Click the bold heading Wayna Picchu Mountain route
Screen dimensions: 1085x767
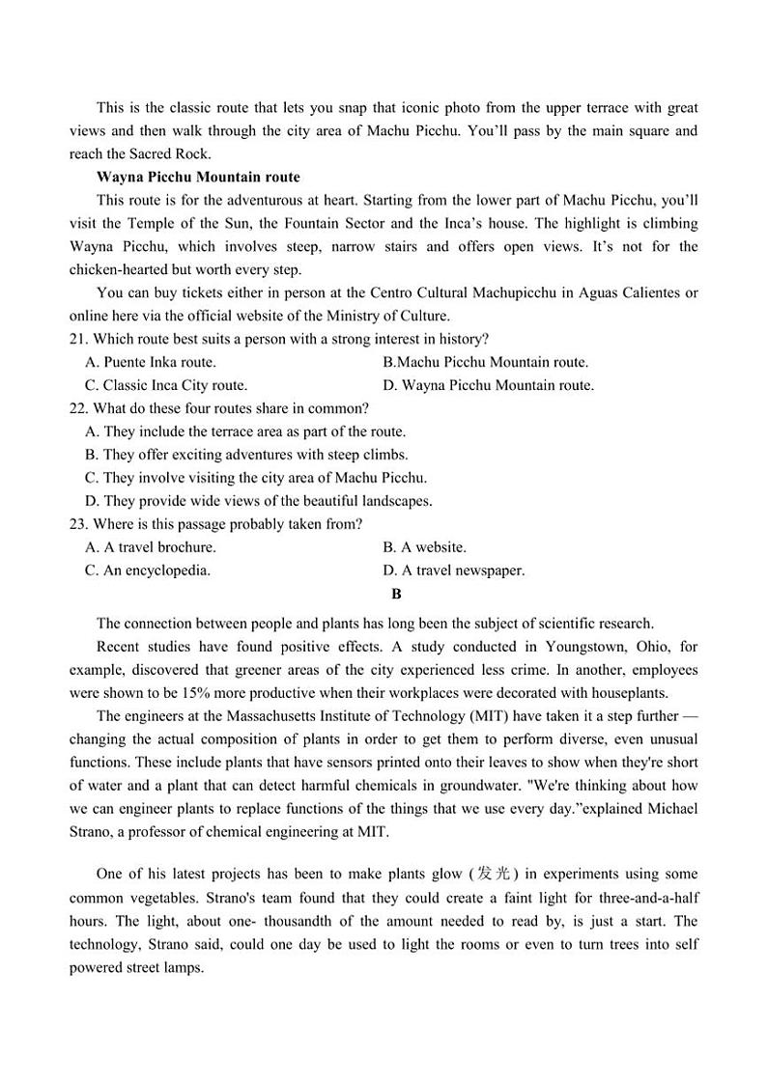(198, 177)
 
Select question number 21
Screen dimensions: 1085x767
(78, 339)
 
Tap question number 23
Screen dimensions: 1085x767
(78, 524)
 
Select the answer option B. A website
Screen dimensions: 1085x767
(424, 547)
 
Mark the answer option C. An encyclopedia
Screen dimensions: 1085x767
(148, 570)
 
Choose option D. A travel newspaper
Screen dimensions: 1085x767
(453, 570)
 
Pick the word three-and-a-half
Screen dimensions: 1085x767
(645, 898)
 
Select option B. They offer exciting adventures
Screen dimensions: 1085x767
(246, 455)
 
